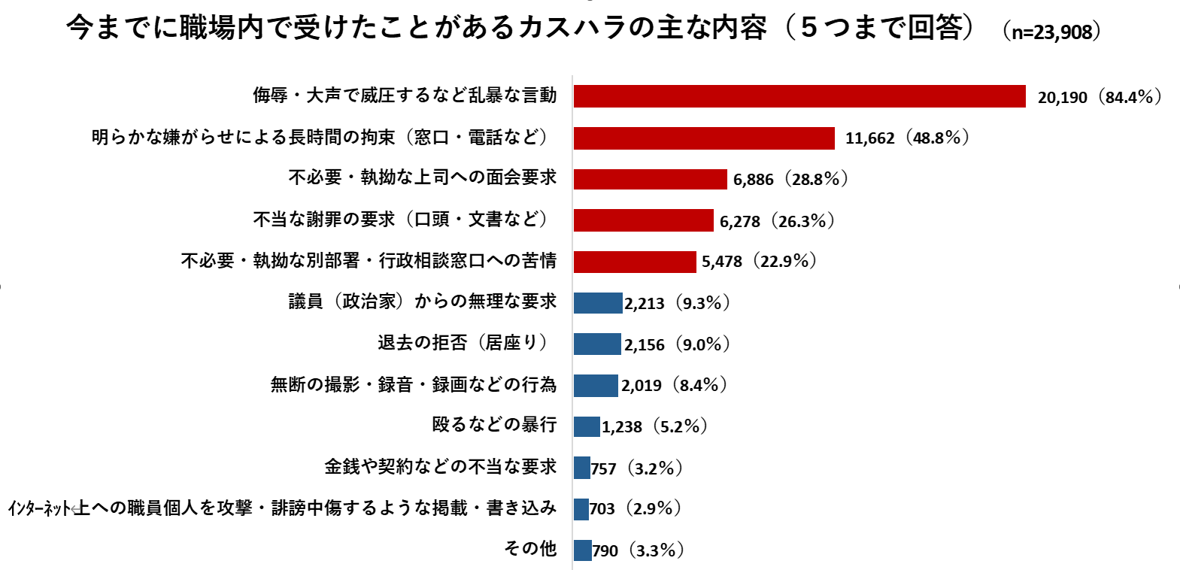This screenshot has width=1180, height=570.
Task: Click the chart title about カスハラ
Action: point(519,29)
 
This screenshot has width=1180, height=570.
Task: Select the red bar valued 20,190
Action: point(799,96)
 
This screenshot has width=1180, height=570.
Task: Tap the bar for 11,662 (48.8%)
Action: point(704,138)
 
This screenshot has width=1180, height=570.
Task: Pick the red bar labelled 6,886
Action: point(650,179)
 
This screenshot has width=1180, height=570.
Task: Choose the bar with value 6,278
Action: point(643,220)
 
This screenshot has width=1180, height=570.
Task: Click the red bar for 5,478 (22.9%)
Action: point(635,262)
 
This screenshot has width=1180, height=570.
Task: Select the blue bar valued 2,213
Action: point(598,303)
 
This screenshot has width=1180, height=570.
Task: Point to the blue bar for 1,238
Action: point(587,426)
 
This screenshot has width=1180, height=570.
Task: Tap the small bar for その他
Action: point(582,550)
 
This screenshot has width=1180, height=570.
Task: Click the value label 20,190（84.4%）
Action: point(1099,97)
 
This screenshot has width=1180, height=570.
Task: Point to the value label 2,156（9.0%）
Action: point(677,344)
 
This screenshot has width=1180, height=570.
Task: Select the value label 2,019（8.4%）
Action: point(674,386)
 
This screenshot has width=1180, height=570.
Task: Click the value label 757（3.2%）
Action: point(636,468)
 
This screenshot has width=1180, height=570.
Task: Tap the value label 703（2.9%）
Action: point(635,509)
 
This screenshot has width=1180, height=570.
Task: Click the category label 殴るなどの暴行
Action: point(494,425)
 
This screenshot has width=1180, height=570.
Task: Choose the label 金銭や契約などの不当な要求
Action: point(440,467)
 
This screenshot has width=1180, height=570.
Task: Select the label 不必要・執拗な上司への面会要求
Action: point(423,177)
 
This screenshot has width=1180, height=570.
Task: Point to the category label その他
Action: point(530,549)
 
